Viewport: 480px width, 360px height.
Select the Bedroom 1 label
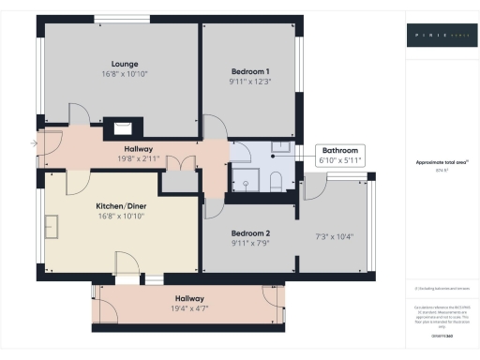[250, 72]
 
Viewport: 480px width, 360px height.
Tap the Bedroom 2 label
[250, 232]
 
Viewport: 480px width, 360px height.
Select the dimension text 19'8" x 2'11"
[138, 159]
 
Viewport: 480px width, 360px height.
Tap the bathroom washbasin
[281, 146]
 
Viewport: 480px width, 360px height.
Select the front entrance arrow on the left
[35, 143]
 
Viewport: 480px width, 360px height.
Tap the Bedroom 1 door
[216, 131]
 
